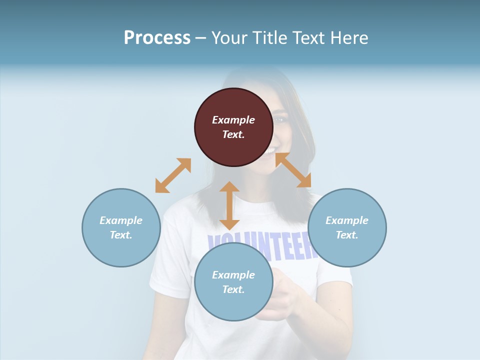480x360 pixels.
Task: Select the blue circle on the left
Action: point(121,227)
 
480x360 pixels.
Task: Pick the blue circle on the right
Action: point(347,227)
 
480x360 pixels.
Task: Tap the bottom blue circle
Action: point(233,282)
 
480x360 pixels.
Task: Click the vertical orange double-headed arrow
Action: point(229,205)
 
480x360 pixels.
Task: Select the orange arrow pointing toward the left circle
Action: point(173,175)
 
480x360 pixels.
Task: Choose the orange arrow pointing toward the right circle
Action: point(293,170)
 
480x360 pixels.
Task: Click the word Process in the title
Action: point(157,37)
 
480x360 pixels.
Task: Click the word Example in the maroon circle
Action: point(233,120)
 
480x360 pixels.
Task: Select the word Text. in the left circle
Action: point(121,235)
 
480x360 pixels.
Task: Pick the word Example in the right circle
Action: point(347,220)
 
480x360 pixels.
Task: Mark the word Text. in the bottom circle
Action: point(233,289)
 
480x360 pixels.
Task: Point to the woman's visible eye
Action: point(280,120)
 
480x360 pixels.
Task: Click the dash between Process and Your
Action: point(200,38)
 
